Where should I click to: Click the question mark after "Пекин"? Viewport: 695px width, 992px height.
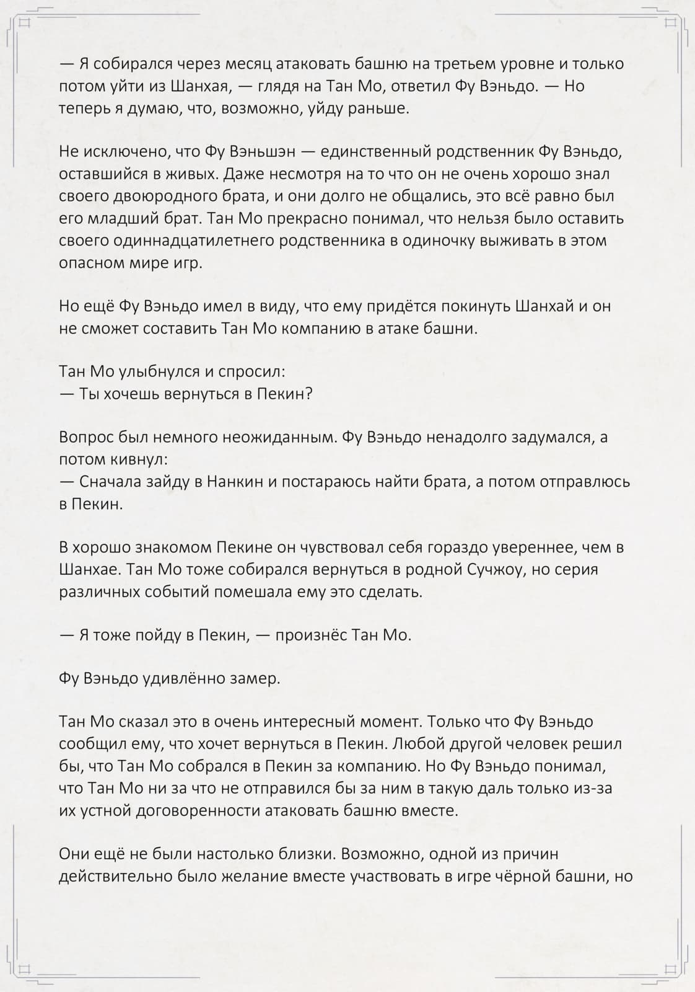click(x=308, y=394)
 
